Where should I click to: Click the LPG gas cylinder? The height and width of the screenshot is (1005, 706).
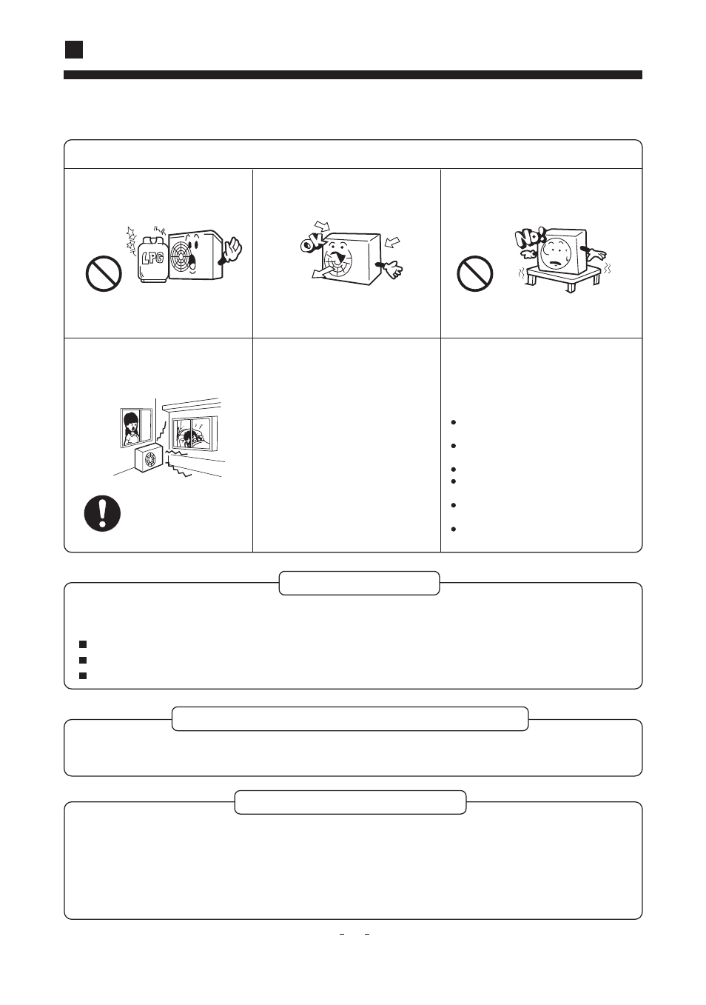pos(152,260)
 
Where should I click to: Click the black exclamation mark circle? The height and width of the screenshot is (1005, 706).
pos(102,513)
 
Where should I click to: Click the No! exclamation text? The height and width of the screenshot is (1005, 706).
pos(531,238)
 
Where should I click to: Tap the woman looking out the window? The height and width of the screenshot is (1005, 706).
pos(132,429)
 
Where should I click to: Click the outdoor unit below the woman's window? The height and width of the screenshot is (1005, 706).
pos(148,457)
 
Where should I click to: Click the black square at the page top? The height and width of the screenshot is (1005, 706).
pos(74,50)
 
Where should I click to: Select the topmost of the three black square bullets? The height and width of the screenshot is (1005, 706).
pos(82,644)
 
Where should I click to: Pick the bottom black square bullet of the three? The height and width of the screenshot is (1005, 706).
pos(82,675)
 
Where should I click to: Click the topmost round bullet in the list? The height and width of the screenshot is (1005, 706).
pos(453,422)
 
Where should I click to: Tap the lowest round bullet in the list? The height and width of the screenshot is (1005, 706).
pos(453,529)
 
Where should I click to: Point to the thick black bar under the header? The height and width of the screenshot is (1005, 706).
pos(353,75)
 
